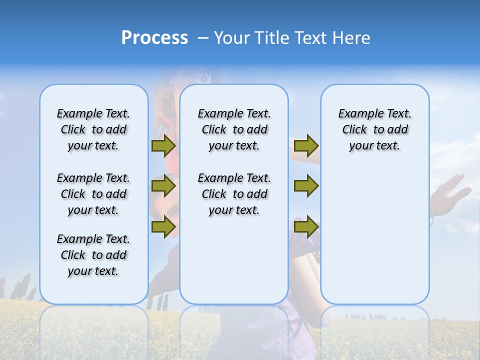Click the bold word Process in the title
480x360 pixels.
154,38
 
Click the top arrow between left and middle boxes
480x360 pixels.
163,145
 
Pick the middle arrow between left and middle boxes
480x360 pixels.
163,186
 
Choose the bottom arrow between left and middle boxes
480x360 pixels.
163,226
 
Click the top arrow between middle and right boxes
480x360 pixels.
306,145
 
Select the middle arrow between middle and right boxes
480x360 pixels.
306,186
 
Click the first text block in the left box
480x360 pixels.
93,129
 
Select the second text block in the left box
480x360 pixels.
93,194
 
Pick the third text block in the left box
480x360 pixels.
93,255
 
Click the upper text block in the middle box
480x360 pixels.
234,129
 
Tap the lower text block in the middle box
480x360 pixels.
234,194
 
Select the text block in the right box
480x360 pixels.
374,129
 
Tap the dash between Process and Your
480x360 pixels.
203,38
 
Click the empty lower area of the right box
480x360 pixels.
374,235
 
